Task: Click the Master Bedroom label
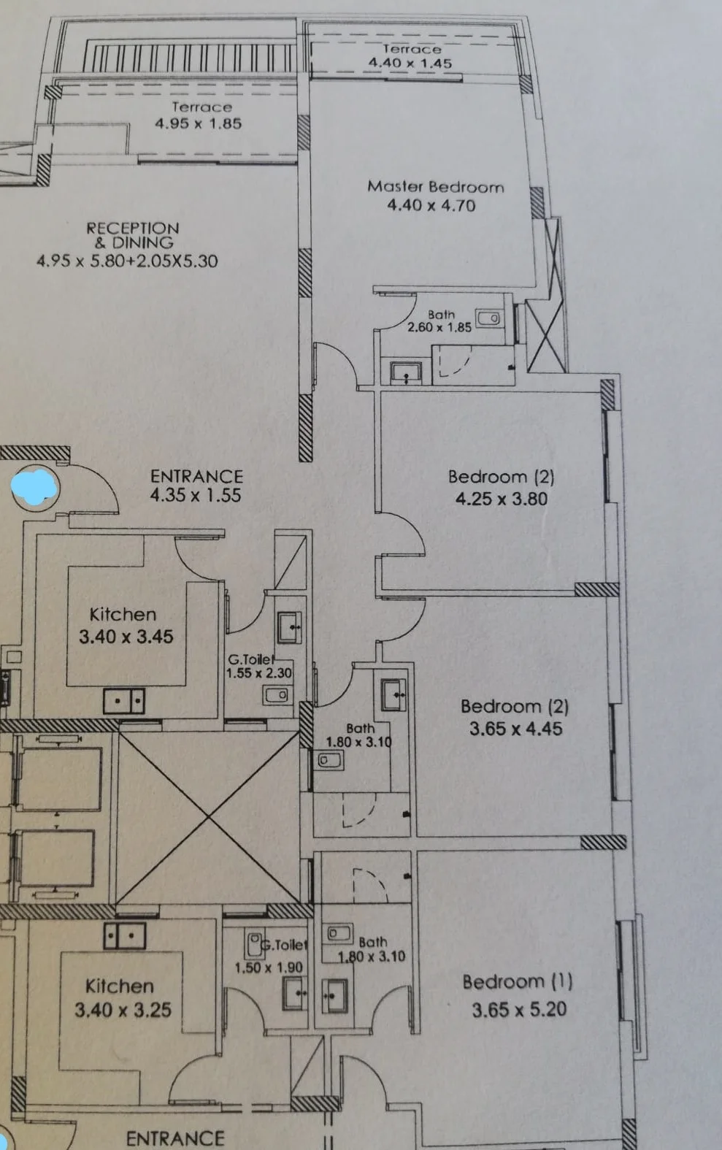[x=436, y=187]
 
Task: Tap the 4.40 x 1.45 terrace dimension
[x=410, y=63]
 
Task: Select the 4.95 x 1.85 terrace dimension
[x=198, y=123]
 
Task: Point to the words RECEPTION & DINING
[x=133, y=235]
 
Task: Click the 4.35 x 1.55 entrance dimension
[x=196, y=495]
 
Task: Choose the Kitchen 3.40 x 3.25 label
[x=122, y=997]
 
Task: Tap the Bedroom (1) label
[x=518, y=982]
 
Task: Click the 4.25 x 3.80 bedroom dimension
[x=502, y=499]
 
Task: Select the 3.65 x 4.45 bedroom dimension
[x=515, y=729]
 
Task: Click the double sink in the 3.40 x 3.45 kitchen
[x=123, y=701]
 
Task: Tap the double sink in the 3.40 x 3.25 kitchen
[x=125, y=935]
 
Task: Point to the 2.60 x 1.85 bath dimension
[x=439, y=327]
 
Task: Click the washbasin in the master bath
[x=407, y=372]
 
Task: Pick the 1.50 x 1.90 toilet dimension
[x=269, y=967]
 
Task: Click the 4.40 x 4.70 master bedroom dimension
[x=431, y=205]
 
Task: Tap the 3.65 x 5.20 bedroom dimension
[x=519, y=1010]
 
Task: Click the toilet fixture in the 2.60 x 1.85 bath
[x=488, y=318]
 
